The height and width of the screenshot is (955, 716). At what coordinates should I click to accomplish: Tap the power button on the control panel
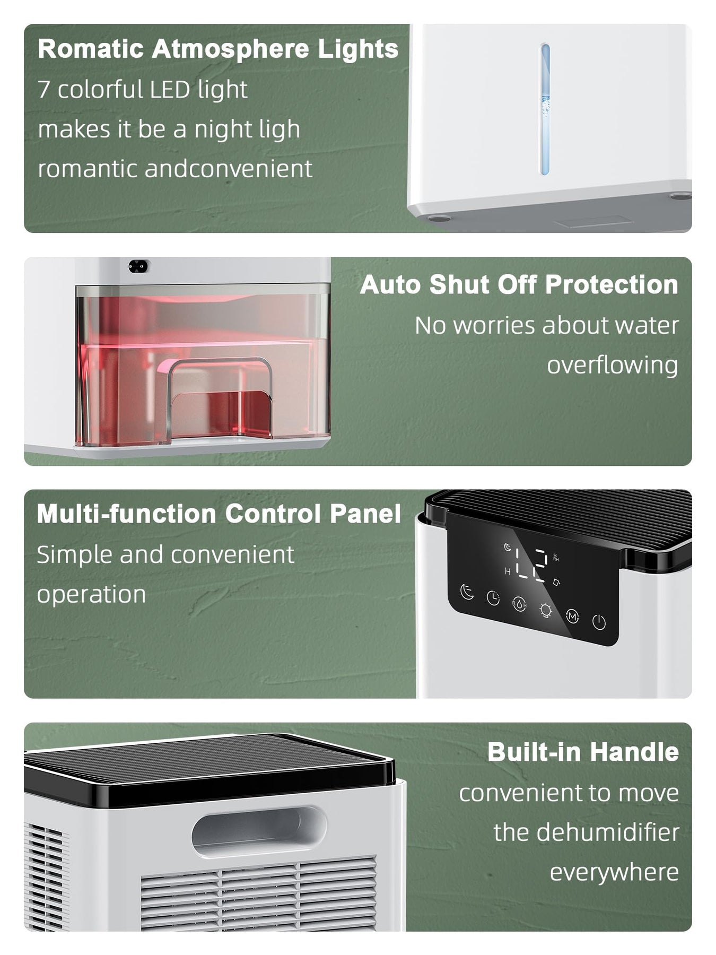(599, 621)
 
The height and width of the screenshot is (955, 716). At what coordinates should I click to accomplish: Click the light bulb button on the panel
(545, 610)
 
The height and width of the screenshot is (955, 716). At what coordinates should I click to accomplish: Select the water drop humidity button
(519, 604)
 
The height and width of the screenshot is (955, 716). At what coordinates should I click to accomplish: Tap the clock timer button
(493, 598)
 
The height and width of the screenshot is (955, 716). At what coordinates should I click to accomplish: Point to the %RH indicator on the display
(555, 558)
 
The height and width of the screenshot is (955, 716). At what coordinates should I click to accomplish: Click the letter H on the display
(508, 572)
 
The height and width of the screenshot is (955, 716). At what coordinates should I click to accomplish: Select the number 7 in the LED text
(43, 90)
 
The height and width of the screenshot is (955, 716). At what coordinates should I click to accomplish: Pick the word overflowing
(613, 366)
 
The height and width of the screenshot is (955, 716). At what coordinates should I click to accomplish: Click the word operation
(91, 595)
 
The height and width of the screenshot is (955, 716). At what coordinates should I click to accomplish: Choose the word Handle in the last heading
(634, 752)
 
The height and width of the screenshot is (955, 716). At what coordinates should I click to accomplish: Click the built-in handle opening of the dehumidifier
(259, 830)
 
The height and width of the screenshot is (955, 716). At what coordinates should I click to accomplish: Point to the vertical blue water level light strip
(545, 109)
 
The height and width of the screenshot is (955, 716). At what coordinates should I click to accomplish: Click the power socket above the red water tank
(138, 266)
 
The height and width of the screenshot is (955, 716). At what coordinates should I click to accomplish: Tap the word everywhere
(614, 872)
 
